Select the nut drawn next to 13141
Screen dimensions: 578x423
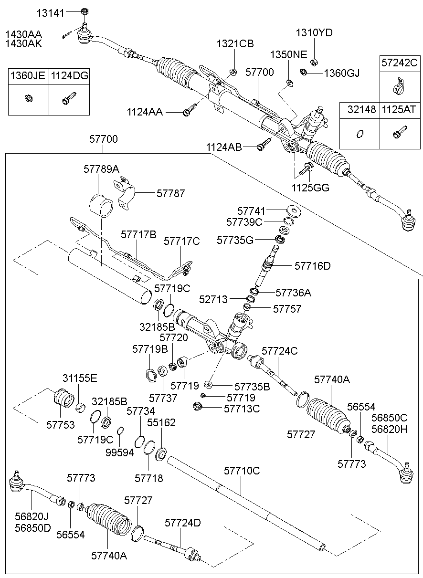[x=83, y=11]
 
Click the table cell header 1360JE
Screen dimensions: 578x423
[x=28, y=75]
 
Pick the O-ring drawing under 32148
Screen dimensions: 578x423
[x=360, y=134]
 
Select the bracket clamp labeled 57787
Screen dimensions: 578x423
[x=125, y=193]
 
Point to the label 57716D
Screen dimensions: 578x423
[x=312, y=266]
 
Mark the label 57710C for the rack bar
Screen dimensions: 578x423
[x=242, y=471]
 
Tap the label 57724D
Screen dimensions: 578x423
[x=183, y=522]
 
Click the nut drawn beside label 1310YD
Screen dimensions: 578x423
[x=315, y=61]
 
